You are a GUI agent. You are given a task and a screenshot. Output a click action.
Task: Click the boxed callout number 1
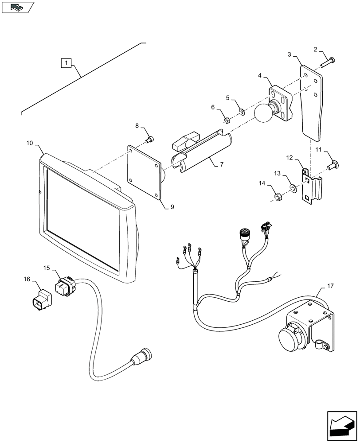(66, 64)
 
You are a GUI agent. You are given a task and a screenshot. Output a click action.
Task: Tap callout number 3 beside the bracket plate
(289, 54)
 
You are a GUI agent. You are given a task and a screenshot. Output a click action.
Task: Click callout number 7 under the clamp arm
(221, 164)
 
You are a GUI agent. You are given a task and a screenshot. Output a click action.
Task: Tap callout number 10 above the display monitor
(30, 143)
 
